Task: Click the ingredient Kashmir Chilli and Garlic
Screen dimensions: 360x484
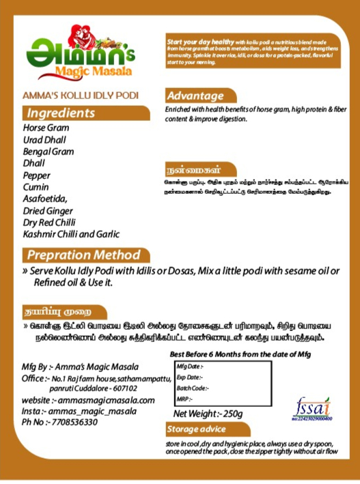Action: point(81,235)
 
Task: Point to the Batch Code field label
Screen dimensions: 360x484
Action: point(193,388)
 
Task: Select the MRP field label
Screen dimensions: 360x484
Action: point(184,399)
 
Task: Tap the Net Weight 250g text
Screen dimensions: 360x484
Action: point(208,414)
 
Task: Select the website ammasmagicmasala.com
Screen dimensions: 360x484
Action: point(89,400)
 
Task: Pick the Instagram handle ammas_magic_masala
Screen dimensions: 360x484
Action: point(79,411)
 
